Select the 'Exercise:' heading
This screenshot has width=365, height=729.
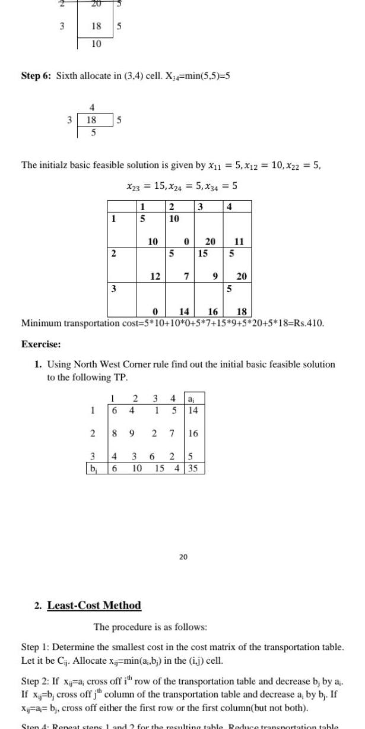click(x=40, y=343)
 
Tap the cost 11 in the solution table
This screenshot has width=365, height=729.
click(x=239, y=241)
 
